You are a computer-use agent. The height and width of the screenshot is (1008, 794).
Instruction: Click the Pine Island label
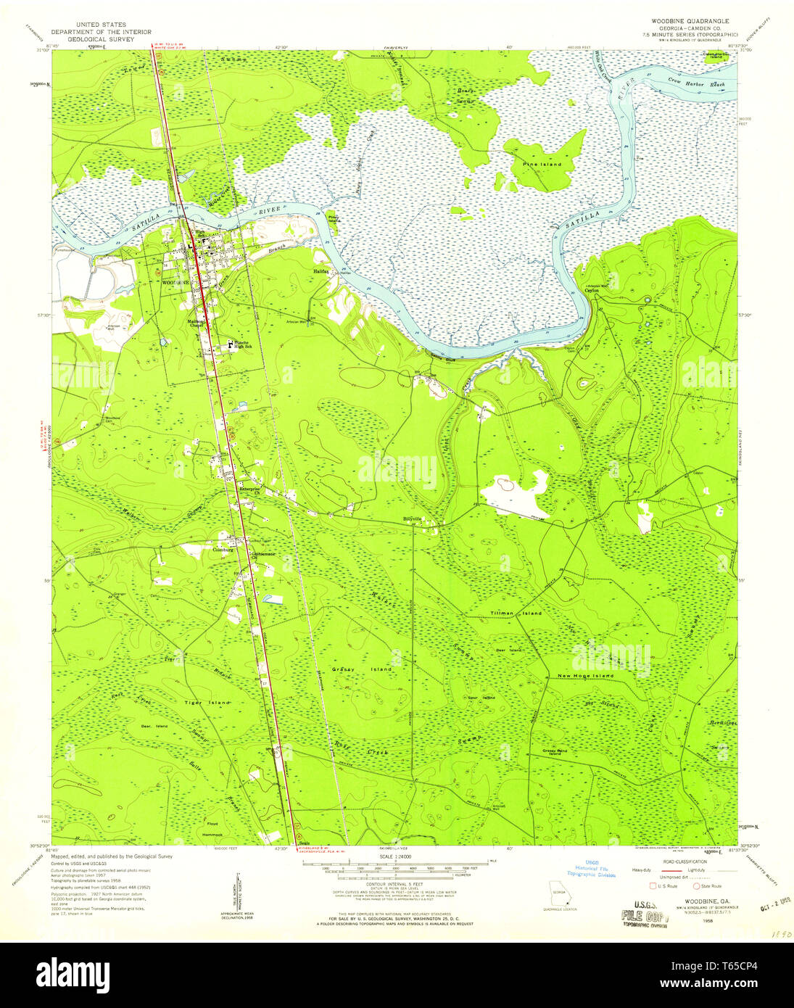542,165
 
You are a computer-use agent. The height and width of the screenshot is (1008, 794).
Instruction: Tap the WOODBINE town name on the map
175,281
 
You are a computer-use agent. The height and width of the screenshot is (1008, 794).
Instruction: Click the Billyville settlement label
413,519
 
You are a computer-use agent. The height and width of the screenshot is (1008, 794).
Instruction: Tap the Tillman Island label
515,614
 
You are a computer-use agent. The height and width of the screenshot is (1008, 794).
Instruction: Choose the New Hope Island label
584,676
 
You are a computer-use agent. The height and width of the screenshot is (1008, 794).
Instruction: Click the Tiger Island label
207,703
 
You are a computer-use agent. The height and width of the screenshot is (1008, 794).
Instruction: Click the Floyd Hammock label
212,829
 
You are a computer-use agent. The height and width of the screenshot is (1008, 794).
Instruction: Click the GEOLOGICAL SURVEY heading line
101,40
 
